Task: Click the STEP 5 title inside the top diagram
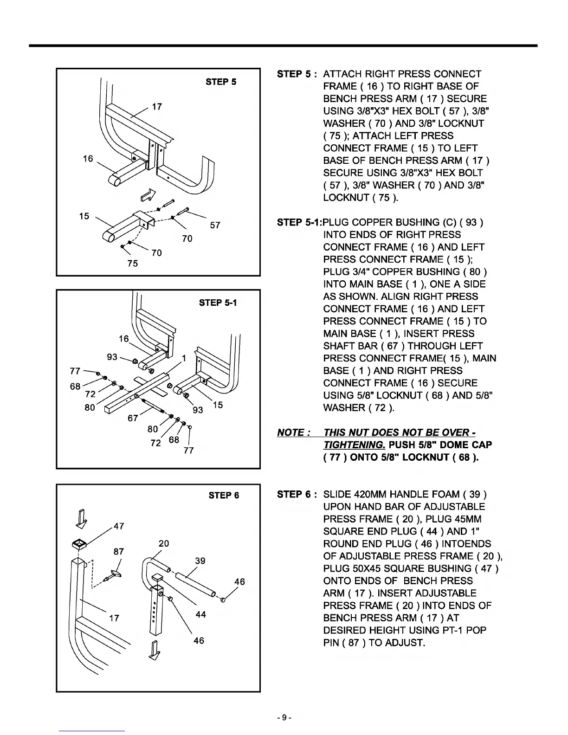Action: [x=221, y=82]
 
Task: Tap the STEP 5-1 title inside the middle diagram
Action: [x=218, y=303]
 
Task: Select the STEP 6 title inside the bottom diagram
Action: [x=224, y=496]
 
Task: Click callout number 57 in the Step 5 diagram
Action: [x=215, y=226]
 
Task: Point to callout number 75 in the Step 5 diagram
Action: [x=132, y=264]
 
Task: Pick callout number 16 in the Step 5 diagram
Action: [x=88, y=159]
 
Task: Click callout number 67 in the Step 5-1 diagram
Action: [x=133, y=418]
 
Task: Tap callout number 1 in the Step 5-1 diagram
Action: [x=184, y=359]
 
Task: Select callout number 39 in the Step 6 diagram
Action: [x=200, y=561]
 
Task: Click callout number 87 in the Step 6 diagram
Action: [x=119, y=551]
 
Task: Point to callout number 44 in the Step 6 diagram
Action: [x=200, y=614]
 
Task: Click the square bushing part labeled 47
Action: [x=80, y=543]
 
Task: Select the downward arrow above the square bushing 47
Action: [x=82, y=519]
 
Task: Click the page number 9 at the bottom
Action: [x=284, y=718]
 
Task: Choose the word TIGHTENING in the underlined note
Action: [x=354, y=445]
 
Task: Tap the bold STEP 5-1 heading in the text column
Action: [x=299, y=223]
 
